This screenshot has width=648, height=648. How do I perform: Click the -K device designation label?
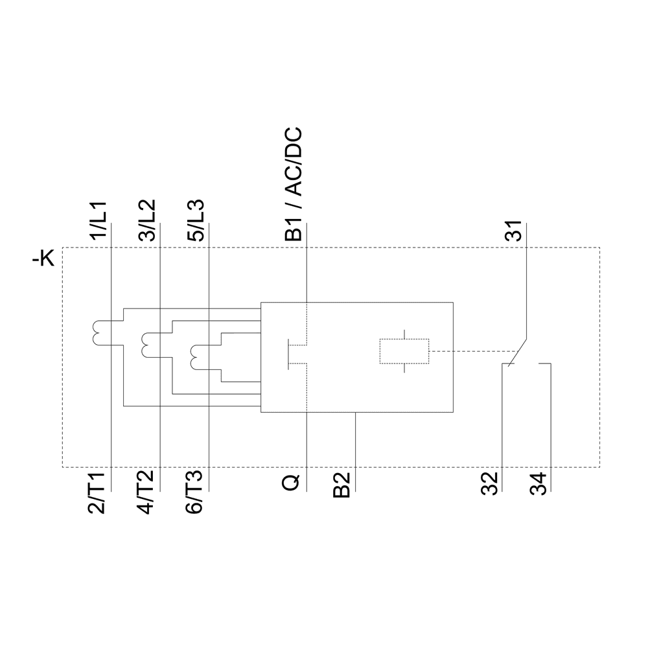coord(43,260)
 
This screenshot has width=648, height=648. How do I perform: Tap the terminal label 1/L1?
coord(100,222)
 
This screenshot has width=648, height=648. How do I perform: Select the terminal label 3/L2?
coord(148,222)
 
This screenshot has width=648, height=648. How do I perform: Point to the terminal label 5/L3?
coord(197,222)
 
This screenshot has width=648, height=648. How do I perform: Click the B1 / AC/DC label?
coord(294,185)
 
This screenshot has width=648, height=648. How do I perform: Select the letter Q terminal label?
coord(292,483)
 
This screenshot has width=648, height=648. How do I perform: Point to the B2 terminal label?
coord(341,486)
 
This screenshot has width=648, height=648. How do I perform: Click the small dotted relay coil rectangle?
coord(404,351)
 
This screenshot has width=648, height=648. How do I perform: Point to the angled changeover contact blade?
coord(518,352)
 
